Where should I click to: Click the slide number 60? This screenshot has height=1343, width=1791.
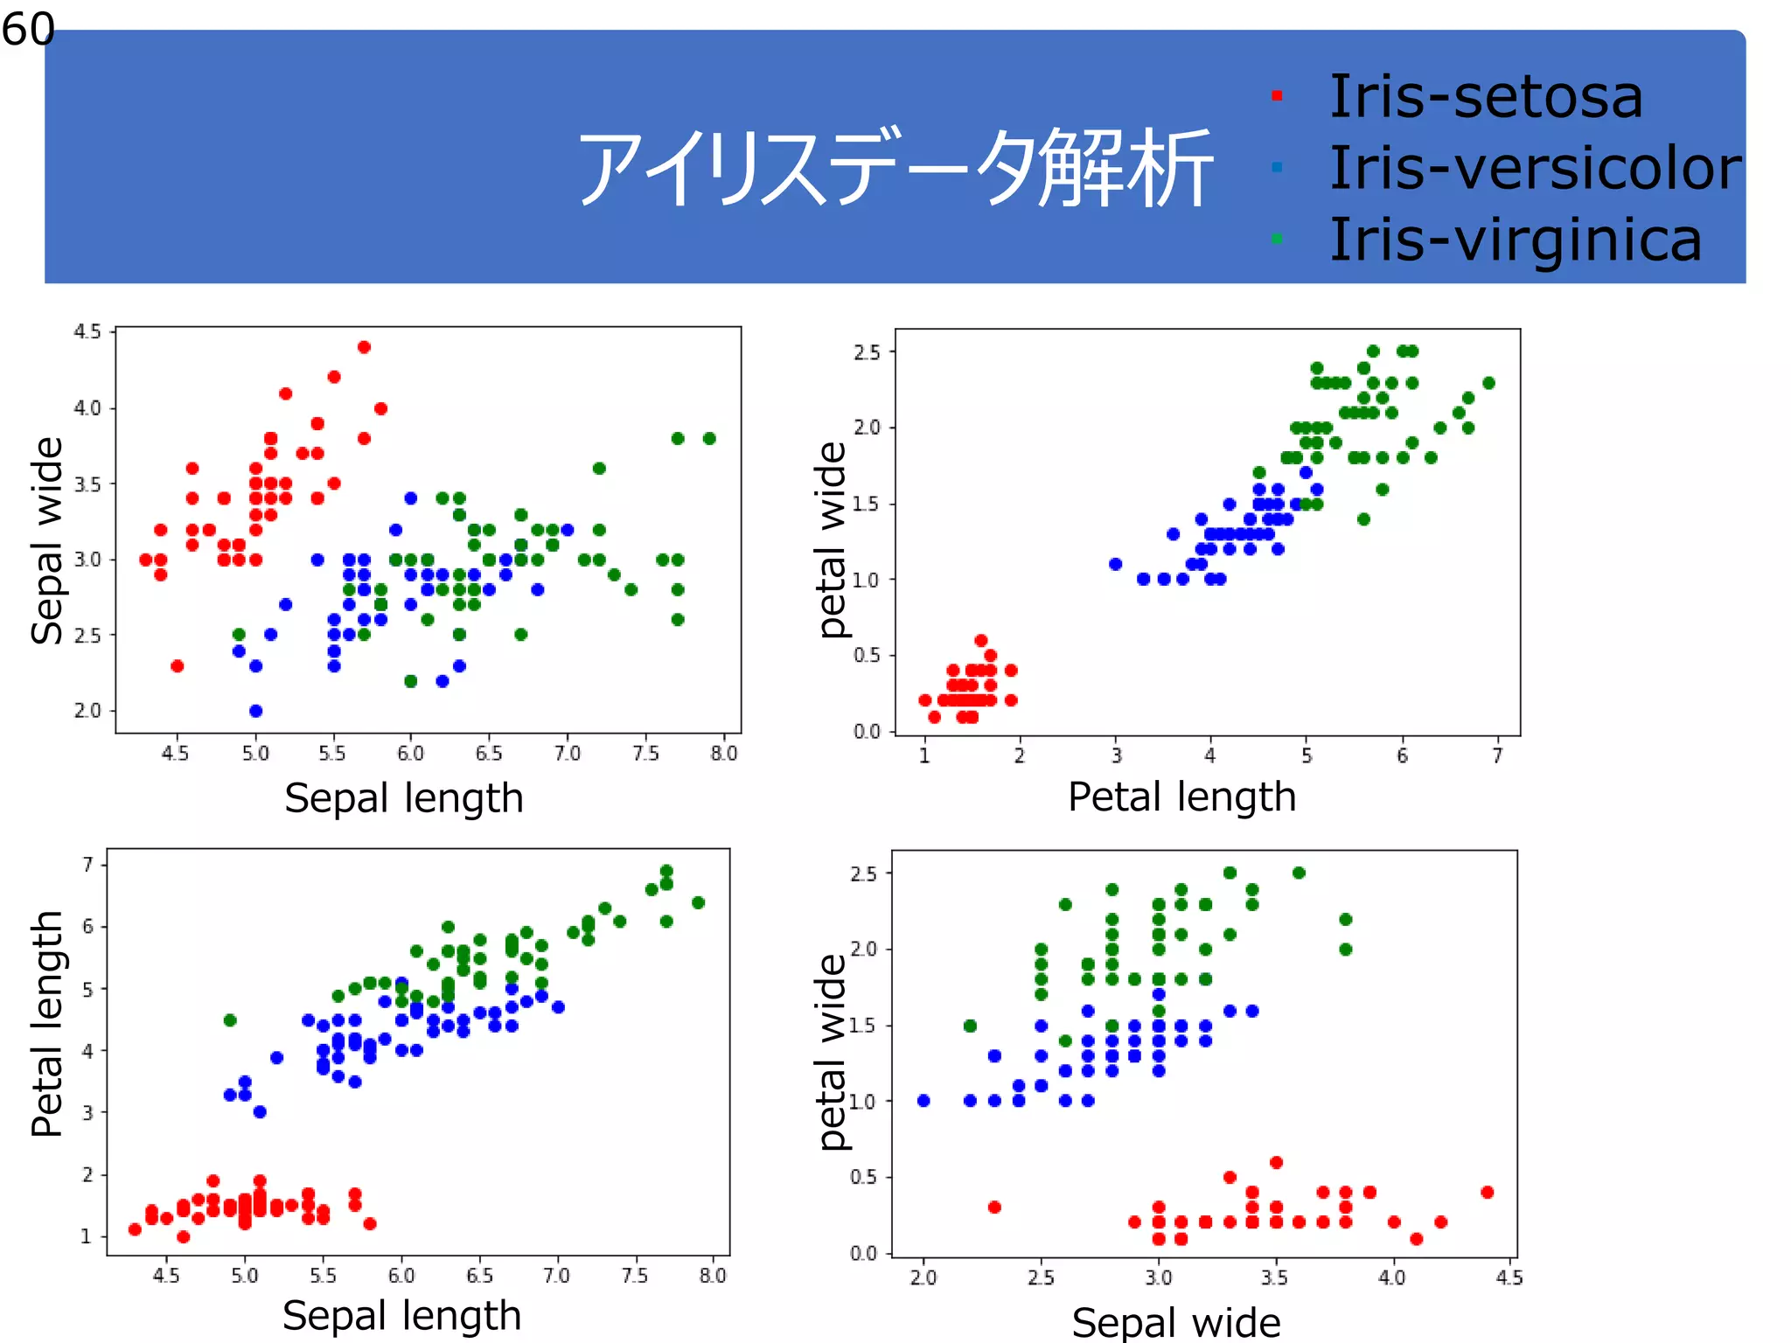[28, 30]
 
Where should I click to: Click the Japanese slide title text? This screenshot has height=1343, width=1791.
[894, 168]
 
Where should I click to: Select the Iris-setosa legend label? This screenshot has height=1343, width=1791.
[1485, 96]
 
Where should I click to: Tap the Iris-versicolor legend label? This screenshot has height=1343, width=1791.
[1535, 168]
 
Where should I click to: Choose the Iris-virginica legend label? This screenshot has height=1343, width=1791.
[1515, 240]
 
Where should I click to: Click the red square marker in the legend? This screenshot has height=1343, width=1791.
[1277, 96]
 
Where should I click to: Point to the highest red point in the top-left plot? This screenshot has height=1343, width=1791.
[365, 347]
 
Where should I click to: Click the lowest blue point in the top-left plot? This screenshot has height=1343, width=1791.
[255, 711]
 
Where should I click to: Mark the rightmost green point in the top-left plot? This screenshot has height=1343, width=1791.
[709, 438]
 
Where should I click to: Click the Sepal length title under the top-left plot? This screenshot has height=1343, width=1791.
[403, 798]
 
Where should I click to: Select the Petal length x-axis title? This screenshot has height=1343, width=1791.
[1181, 797]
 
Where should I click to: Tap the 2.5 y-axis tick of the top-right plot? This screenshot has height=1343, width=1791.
[867, 352]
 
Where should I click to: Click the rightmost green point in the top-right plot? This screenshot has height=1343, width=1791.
[1489, 383]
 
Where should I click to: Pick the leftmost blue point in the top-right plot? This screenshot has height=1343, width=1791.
[1115, 564]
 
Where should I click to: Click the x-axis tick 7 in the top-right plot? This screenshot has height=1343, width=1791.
[1497, 755]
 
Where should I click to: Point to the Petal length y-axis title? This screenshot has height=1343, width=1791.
[47, 1023]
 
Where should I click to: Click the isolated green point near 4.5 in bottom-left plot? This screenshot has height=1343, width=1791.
[230, 1020]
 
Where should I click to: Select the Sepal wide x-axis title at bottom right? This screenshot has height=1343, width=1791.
[1176, 1322]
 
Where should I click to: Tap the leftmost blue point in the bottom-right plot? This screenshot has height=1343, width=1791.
[923, 1101]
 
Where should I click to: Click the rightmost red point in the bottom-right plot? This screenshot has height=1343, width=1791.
[1488, 1192]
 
